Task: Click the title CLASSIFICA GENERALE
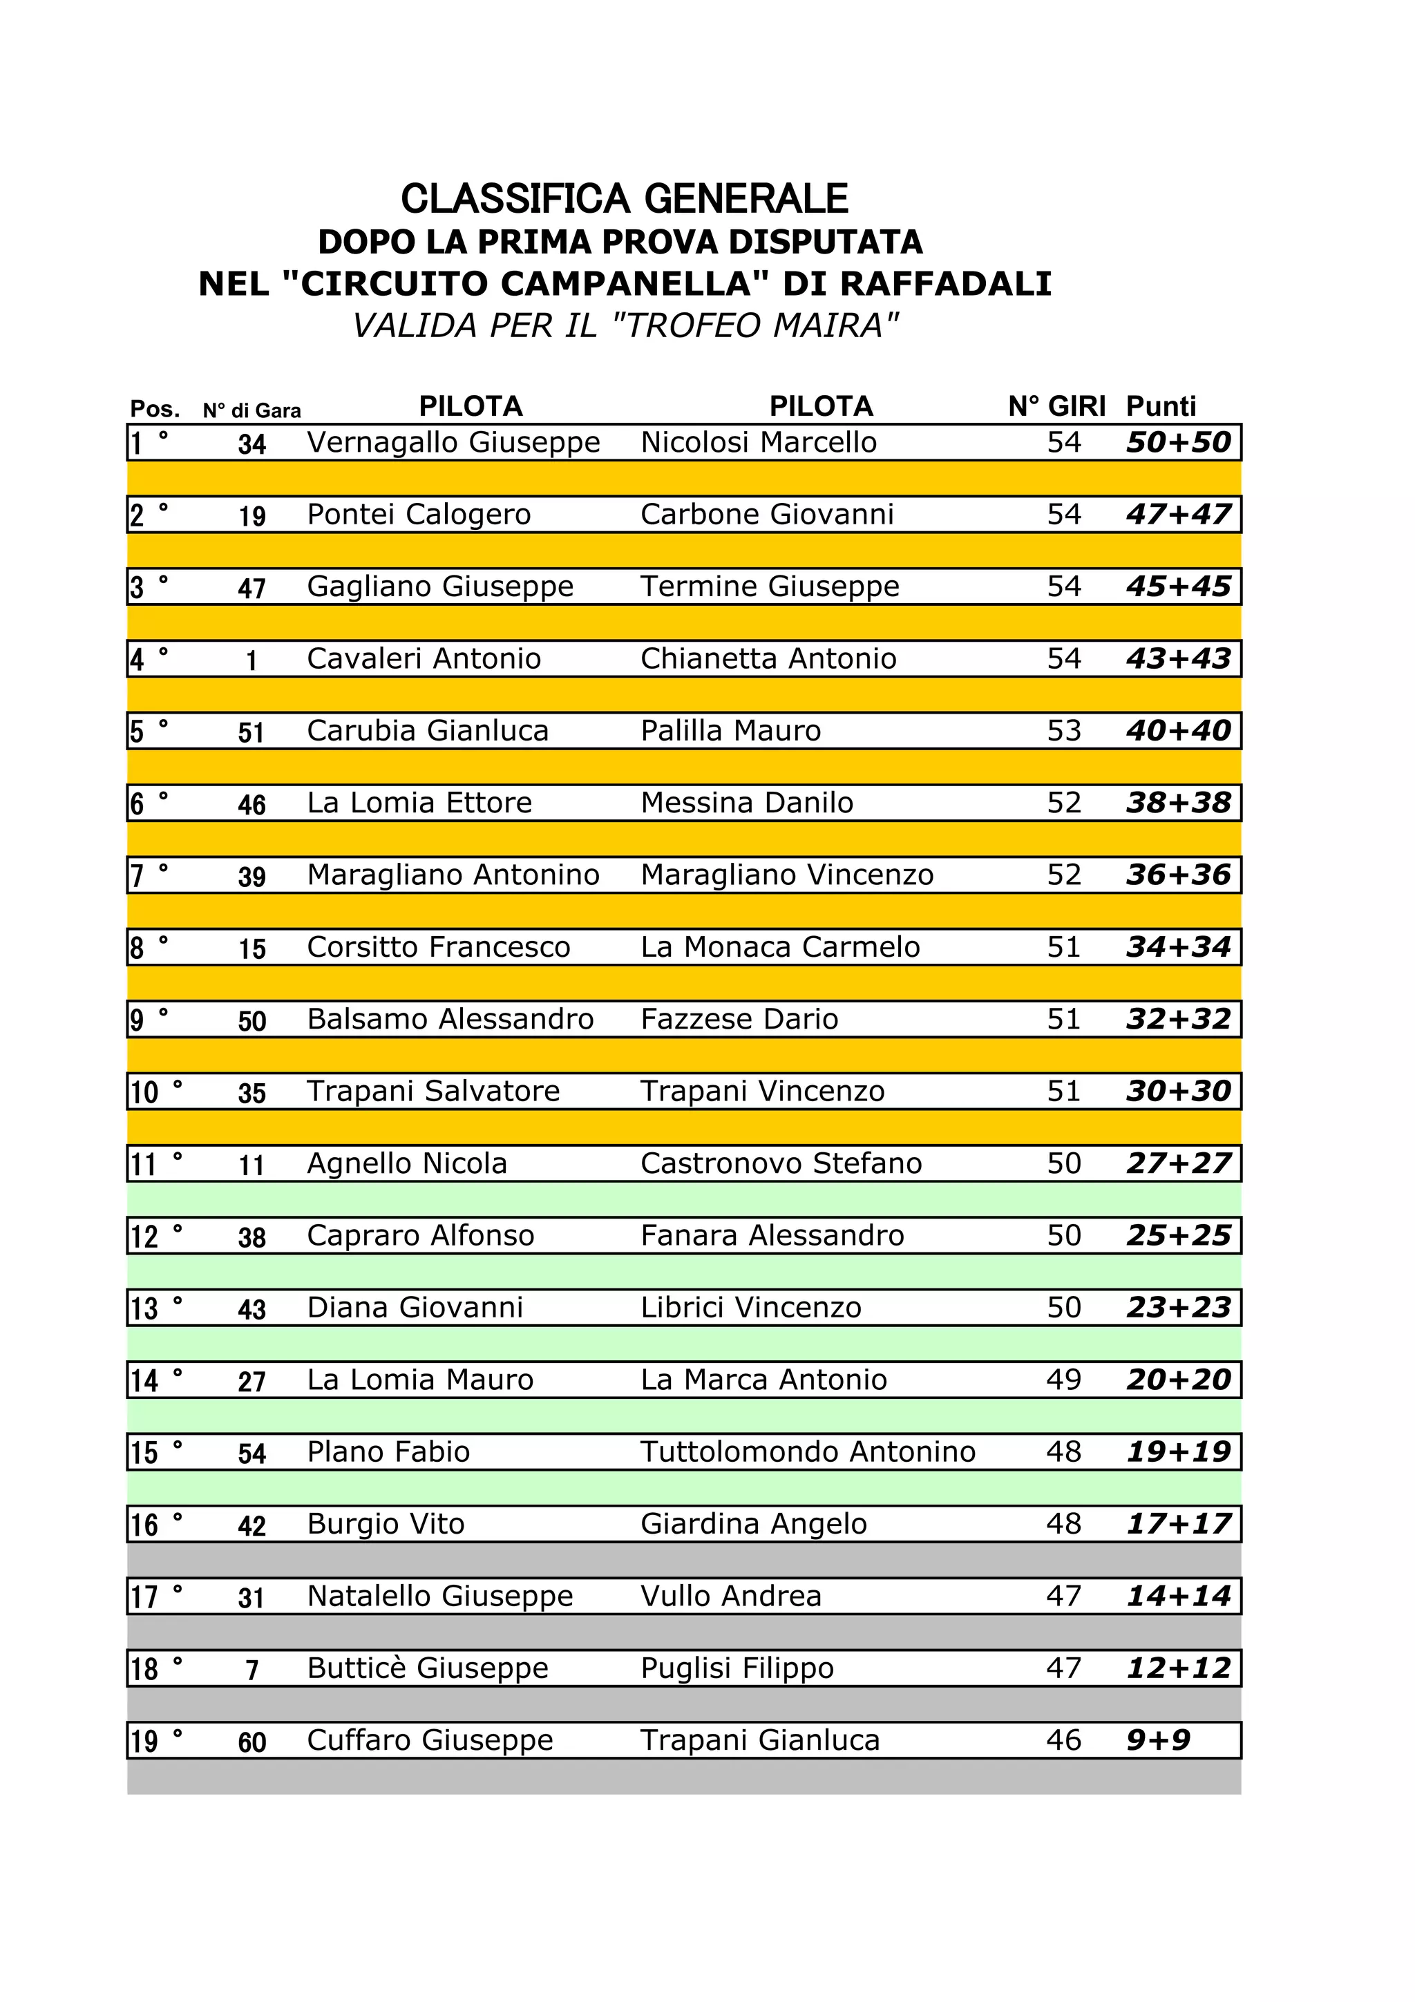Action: pos(624,199)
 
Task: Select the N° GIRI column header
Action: pos(1056,406)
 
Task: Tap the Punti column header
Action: pos(1161,406)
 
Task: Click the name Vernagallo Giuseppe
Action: pos(453,443)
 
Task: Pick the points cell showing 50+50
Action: pos(1178,443)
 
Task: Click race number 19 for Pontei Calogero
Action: pos(252,516)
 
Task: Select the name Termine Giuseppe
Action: pos(770,587)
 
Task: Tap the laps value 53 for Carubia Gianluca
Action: pos(1063,731)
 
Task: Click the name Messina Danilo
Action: pos(746,803)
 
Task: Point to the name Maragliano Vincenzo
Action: pos(786,875)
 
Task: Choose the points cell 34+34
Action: pos(1178,948)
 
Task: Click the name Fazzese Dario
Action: pos(739,1020)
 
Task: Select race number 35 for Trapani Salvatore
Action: pos(252,1094)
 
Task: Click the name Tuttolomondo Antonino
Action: pos(807,1453)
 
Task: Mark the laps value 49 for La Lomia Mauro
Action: pos(1063,1380)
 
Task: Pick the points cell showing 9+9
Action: pos(1158,1742)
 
